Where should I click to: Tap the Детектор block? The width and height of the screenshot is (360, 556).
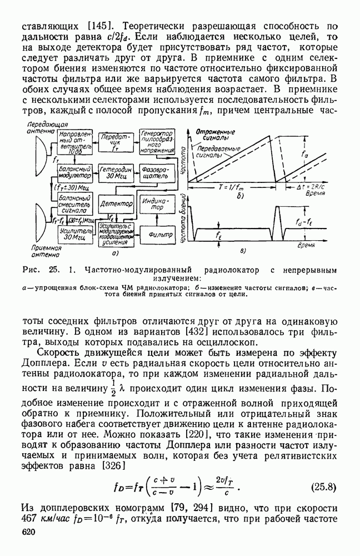point(115,205)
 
